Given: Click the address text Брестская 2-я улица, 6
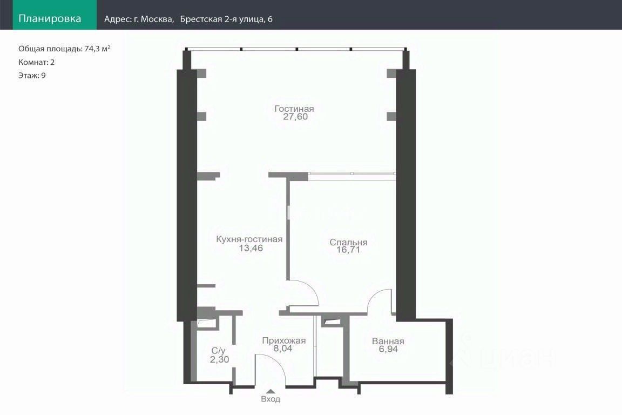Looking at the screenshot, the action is (x=226, y=19).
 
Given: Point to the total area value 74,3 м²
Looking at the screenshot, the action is (x=97, y=49).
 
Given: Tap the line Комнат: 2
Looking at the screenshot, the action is (x=37, y=62).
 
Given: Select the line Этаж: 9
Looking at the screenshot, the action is (x=32, y=76).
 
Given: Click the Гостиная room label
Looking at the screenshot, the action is (x=294, y=109).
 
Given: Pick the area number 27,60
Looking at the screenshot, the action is (x=295, y=117).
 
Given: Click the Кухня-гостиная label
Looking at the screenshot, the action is (x=249, y=239).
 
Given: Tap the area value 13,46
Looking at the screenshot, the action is (x=251, y=248).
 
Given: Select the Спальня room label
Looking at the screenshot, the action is (x=348, y=242).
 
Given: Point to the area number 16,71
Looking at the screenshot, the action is (x=348, y=250).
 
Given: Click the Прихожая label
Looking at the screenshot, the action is (x=283, y=341).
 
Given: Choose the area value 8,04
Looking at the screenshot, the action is (x=283, y=349).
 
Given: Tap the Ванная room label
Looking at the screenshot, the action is (x=388, y=341).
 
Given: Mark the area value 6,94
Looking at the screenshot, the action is (x=388, y=349).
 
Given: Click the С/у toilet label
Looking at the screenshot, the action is (x=218, y=351).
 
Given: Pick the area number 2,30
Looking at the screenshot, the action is (x=219, y=359).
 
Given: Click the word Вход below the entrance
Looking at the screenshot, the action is (x=271, y=399).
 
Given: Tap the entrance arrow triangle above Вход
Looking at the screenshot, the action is (x=271, y=392).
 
